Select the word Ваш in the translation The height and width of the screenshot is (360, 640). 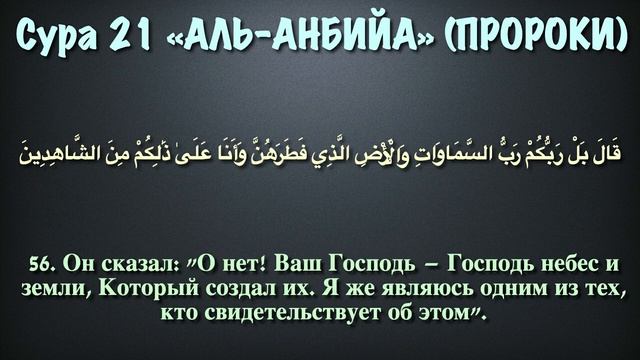tap(320, 266)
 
